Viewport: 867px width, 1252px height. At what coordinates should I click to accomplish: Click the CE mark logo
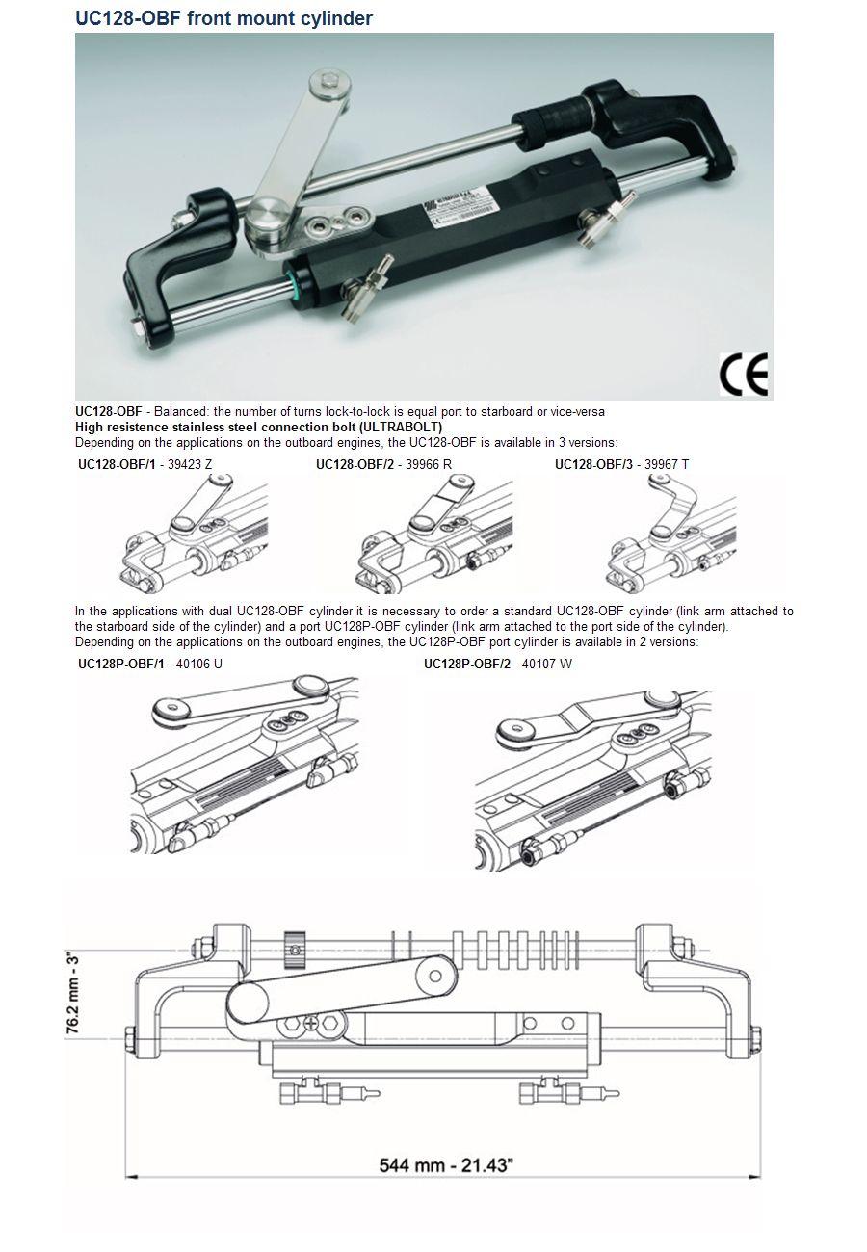coord(744,375)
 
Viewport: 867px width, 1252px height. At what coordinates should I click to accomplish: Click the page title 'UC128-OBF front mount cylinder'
coord(223,18)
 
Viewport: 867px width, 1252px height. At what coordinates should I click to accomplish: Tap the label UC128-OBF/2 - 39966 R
coord(383,464)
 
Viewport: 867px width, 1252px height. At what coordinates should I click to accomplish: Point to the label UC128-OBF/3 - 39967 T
coord(621,464)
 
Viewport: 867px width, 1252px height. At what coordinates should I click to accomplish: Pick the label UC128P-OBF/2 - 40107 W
coord(498,665)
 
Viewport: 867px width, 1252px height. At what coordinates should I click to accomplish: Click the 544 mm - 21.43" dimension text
coord(445,1164)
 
